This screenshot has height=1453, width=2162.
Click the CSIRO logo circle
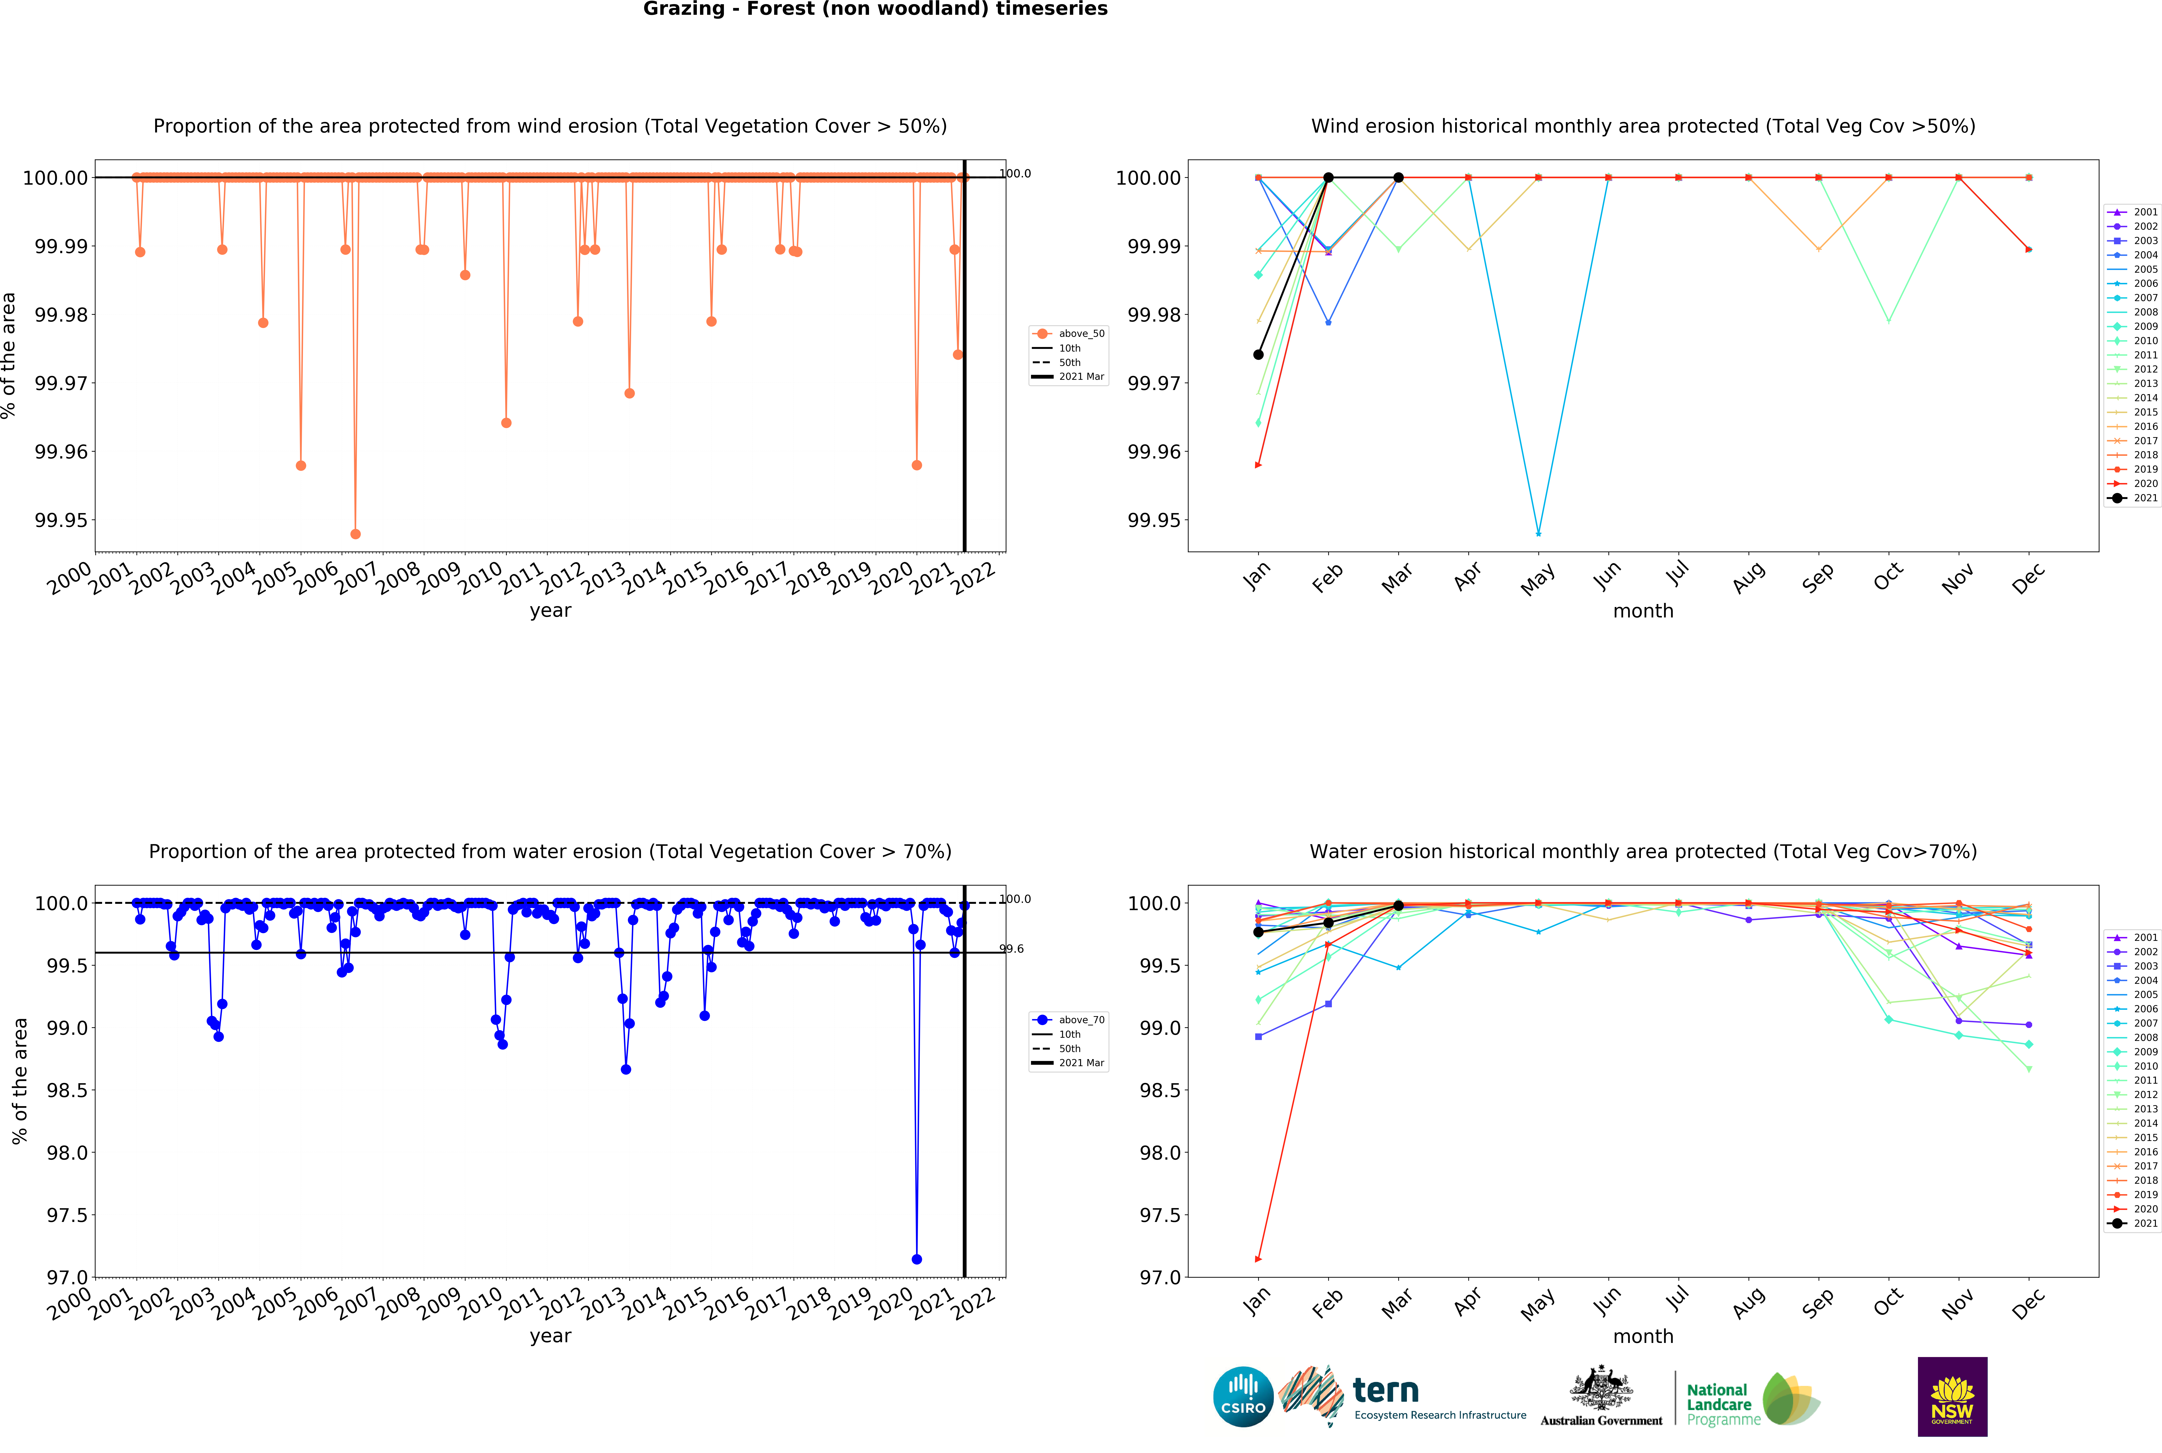click(x=1243, y=1396)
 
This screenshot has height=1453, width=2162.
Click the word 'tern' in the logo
click(x=1386, y=1390)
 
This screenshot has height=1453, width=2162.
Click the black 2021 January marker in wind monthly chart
click(x=1258, y=355)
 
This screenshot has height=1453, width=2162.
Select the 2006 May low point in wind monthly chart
click(x=1538, y=534)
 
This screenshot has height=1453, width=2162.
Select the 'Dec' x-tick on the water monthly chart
click(x=2028, y=1305)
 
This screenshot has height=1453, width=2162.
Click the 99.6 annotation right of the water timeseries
click(x=1012, y=949)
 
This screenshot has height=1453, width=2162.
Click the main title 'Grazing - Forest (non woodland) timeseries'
click(x=875, y=9)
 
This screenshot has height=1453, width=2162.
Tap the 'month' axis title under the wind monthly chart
click(x=1643, y=611)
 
